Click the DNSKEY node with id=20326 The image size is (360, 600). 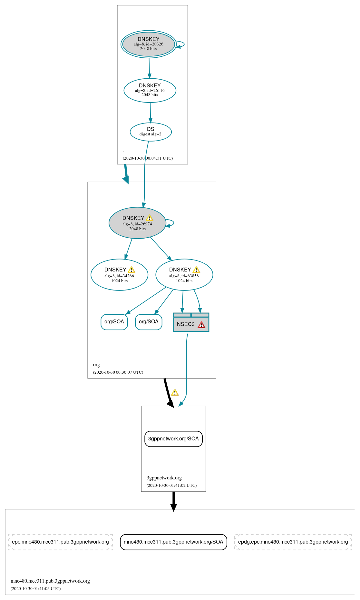coord(148,44)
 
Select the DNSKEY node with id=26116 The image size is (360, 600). coord(150,90)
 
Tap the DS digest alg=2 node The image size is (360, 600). coord(151,132)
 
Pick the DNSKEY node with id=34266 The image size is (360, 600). coord(119,275)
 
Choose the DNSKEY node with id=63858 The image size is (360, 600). coord(184,275)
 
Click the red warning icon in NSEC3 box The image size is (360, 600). coord(201,325)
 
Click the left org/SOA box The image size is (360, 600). coord(114,322)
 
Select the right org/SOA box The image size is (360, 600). coord(149,322)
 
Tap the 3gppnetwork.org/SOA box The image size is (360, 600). coord(173,439)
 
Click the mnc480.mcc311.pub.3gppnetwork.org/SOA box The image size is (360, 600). coord(173,542)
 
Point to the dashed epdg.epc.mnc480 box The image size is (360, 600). coord(293,542)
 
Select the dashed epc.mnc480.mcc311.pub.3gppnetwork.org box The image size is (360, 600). coord(60,542)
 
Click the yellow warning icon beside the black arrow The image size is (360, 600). coord(175,392)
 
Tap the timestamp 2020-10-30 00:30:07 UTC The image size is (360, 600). coord(118,372)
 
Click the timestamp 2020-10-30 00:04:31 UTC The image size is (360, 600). coord(148,158)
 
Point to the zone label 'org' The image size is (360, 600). coord(96,365)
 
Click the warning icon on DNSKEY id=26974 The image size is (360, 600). coord(150,218)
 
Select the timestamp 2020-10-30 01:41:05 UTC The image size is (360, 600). coord(35,588)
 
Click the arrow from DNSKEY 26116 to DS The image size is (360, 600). coord(150,113)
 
